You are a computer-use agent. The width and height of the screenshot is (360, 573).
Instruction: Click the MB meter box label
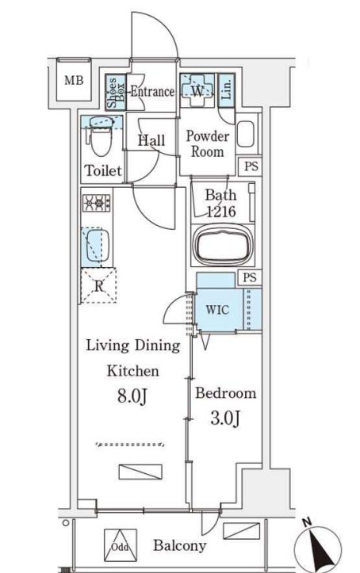click(74, 80)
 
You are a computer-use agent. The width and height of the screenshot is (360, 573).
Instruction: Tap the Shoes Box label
click(116, 93)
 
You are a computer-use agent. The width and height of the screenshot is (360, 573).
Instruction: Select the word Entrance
click(152, 91)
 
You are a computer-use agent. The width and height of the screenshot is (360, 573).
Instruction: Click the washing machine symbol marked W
click(197, 90)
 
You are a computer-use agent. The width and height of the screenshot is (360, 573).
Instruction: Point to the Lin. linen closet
click(226, 90)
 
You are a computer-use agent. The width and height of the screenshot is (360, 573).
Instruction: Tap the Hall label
click(151, 140)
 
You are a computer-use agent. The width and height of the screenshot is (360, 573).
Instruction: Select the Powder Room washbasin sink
click(246, 134)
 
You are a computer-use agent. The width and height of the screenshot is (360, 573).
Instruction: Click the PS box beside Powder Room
click(251, 166)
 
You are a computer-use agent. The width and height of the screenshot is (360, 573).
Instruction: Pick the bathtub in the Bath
click(223, 245)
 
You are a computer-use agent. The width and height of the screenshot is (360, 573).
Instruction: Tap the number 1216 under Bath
click(221, 212)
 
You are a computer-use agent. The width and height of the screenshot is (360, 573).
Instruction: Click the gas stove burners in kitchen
click(97, 203)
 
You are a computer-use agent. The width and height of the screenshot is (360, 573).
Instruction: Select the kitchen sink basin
click(98, 245)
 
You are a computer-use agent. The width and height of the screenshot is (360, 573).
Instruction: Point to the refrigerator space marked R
click(98, 285)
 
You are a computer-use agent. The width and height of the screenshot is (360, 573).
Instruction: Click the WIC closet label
click(217, 310)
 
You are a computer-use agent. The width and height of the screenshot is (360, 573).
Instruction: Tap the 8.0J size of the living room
click(132, 395)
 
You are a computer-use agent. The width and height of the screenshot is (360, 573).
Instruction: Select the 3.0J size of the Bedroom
click(225, 418)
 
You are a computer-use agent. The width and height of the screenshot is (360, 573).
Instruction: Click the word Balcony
click(179, 545)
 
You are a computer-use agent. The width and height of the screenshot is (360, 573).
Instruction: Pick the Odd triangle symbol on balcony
click(120, 545)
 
